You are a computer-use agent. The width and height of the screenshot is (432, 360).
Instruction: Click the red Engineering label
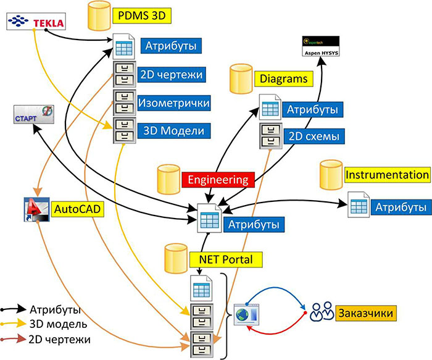point(218,180)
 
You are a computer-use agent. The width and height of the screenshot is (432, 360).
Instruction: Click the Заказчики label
point(365,312)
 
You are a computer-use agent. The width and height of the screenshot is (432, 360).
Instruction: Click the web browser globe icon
point(247,313)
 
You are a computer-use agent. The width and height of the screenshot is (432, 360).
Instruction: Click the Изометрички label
point(173,102)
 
